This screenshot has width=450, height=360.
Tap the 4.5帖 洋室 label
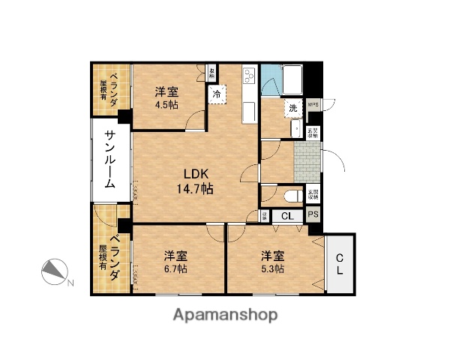pyautogui.click(x=166, y=97)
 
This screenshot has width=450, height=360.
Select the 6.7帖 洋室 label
pyautogui.click(x=177, y=262)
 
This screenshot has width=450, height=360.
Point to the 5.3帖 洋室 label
pyautogui.click(x=272, y=262)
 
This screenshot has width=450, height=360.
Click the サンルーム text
pyautogui.click(x=109, y=163)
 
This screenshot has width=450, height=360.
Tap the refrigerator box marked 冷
pyautogui.click(x=217, y=95)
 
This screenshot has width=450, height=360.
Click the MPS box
pyautogui.click(x=313, y=106)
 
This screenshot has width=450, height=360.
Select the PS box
pyautogui.click(x=314, y=215)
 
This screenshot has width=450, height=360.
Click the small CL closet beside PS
pyautogui.click(x=286, y=216)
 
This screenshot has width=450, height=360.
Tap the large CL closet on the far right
pyautogui.click(x=340, y=264)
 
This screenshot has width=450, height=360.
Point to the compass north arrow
pyautogui.click(x=55, y=271)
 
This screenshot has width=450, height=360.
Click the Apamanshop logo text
pyautogui.click(x=226, y=313)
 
